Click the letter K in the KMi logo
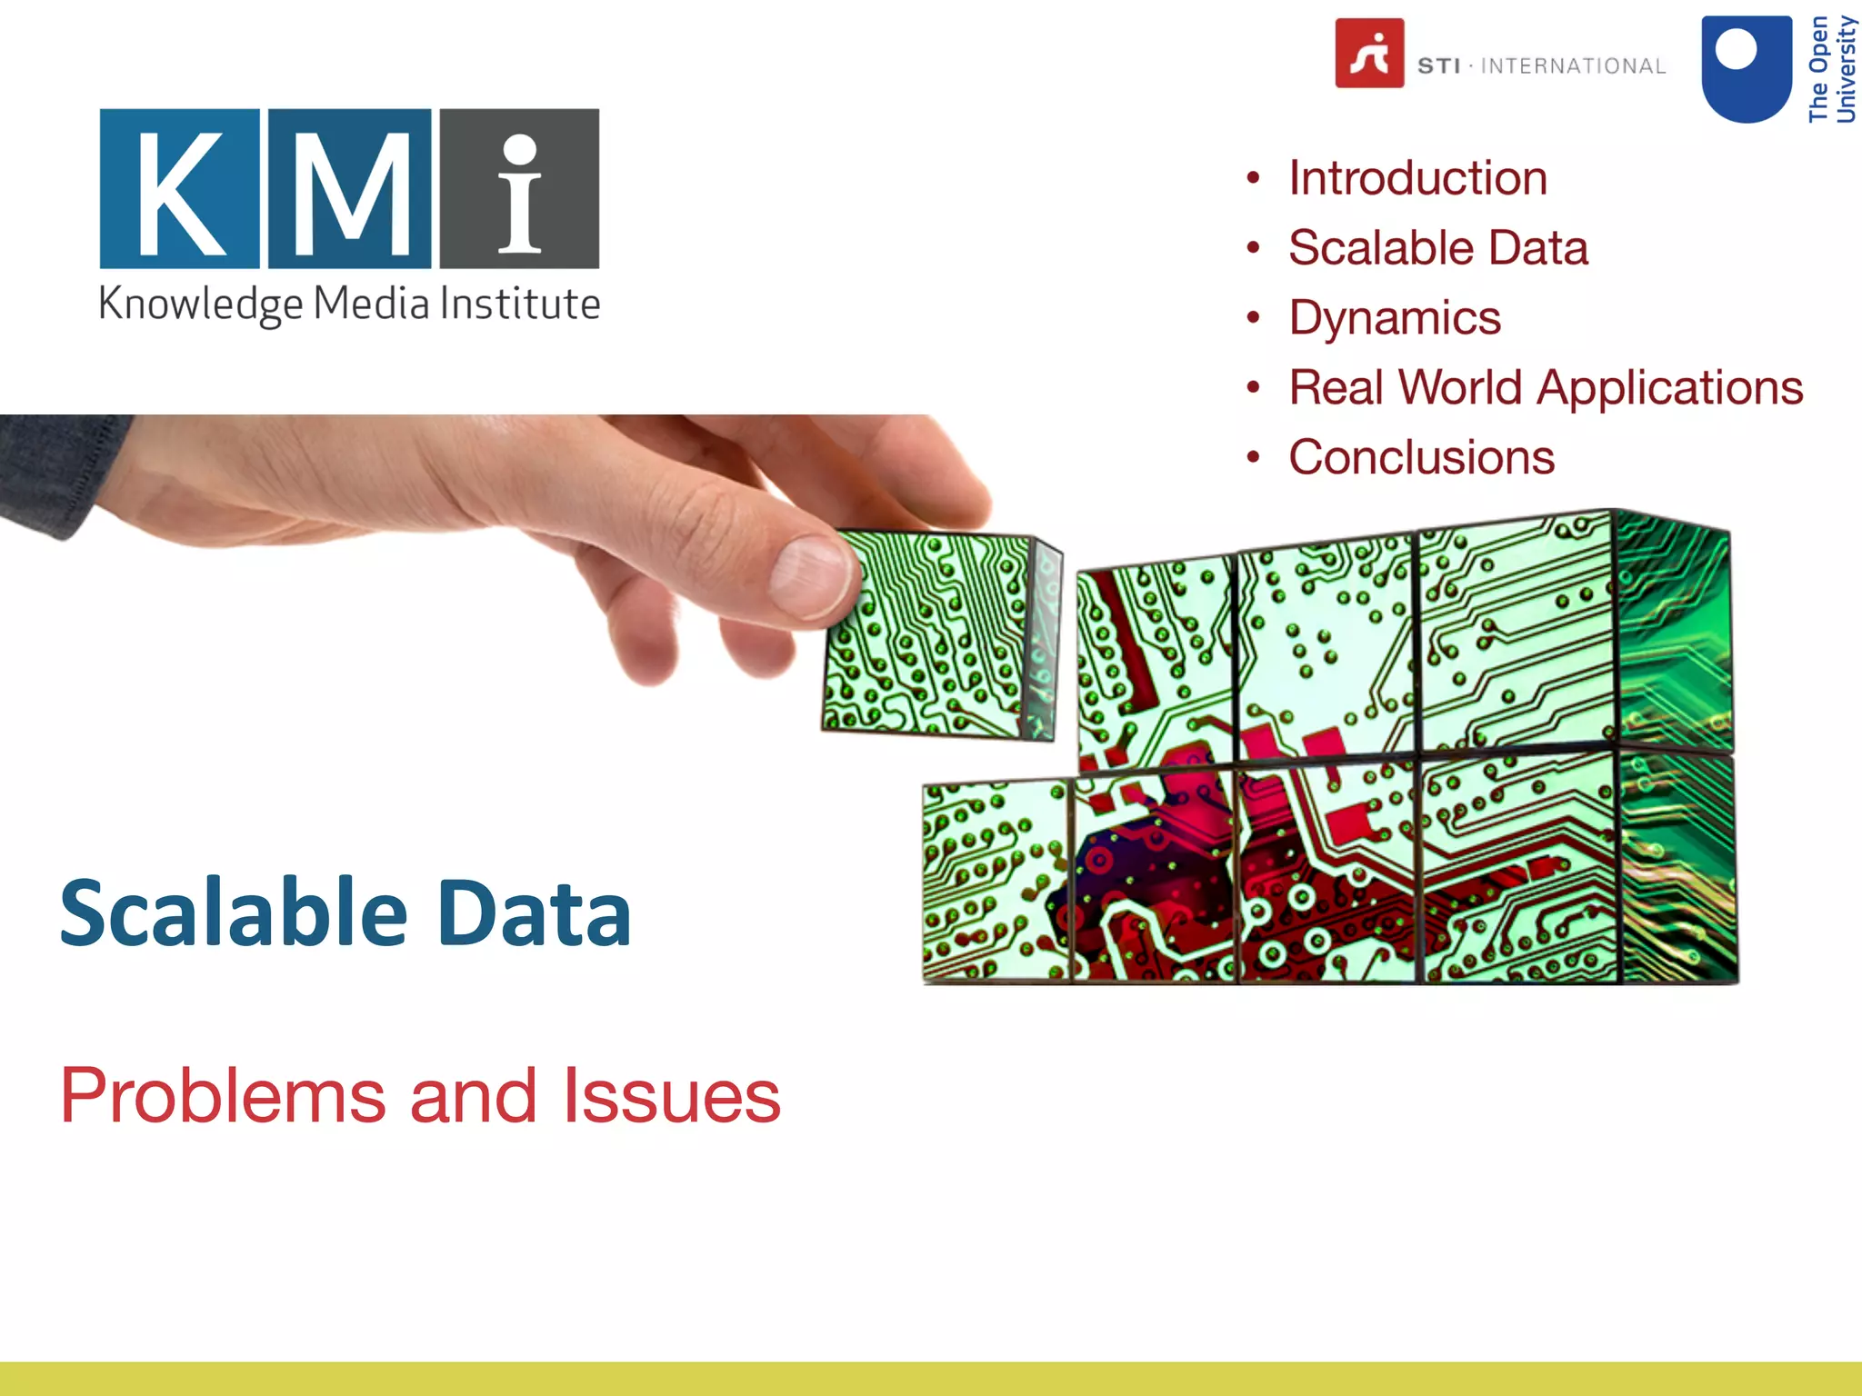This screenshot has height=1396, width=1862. [179, 189]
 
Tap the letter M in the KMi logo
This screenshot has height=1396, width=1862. [350, 189]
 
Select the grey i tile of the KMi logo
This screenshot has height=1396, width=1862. [519, 189]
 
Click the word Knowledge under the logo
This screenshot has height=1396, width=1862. [200, 304]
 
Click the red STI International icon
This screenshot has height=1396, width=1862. [1369, 53]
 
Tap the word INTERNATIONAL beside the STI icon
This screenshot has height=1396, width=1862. [1573, 66]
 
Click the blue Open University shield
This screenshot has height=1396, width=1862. [1746, 68]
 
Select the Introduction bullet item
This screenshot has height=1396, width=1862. [1417, 178]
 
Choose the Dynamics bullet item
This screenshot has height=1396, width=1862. [1395, 318]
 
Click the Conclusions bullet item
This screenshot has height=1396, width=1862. [1421, 457]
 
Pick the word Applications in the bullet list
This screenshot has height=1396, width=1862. [1669, 388]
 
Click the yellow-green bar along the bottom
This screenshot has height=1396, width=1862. [931, 1379]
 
